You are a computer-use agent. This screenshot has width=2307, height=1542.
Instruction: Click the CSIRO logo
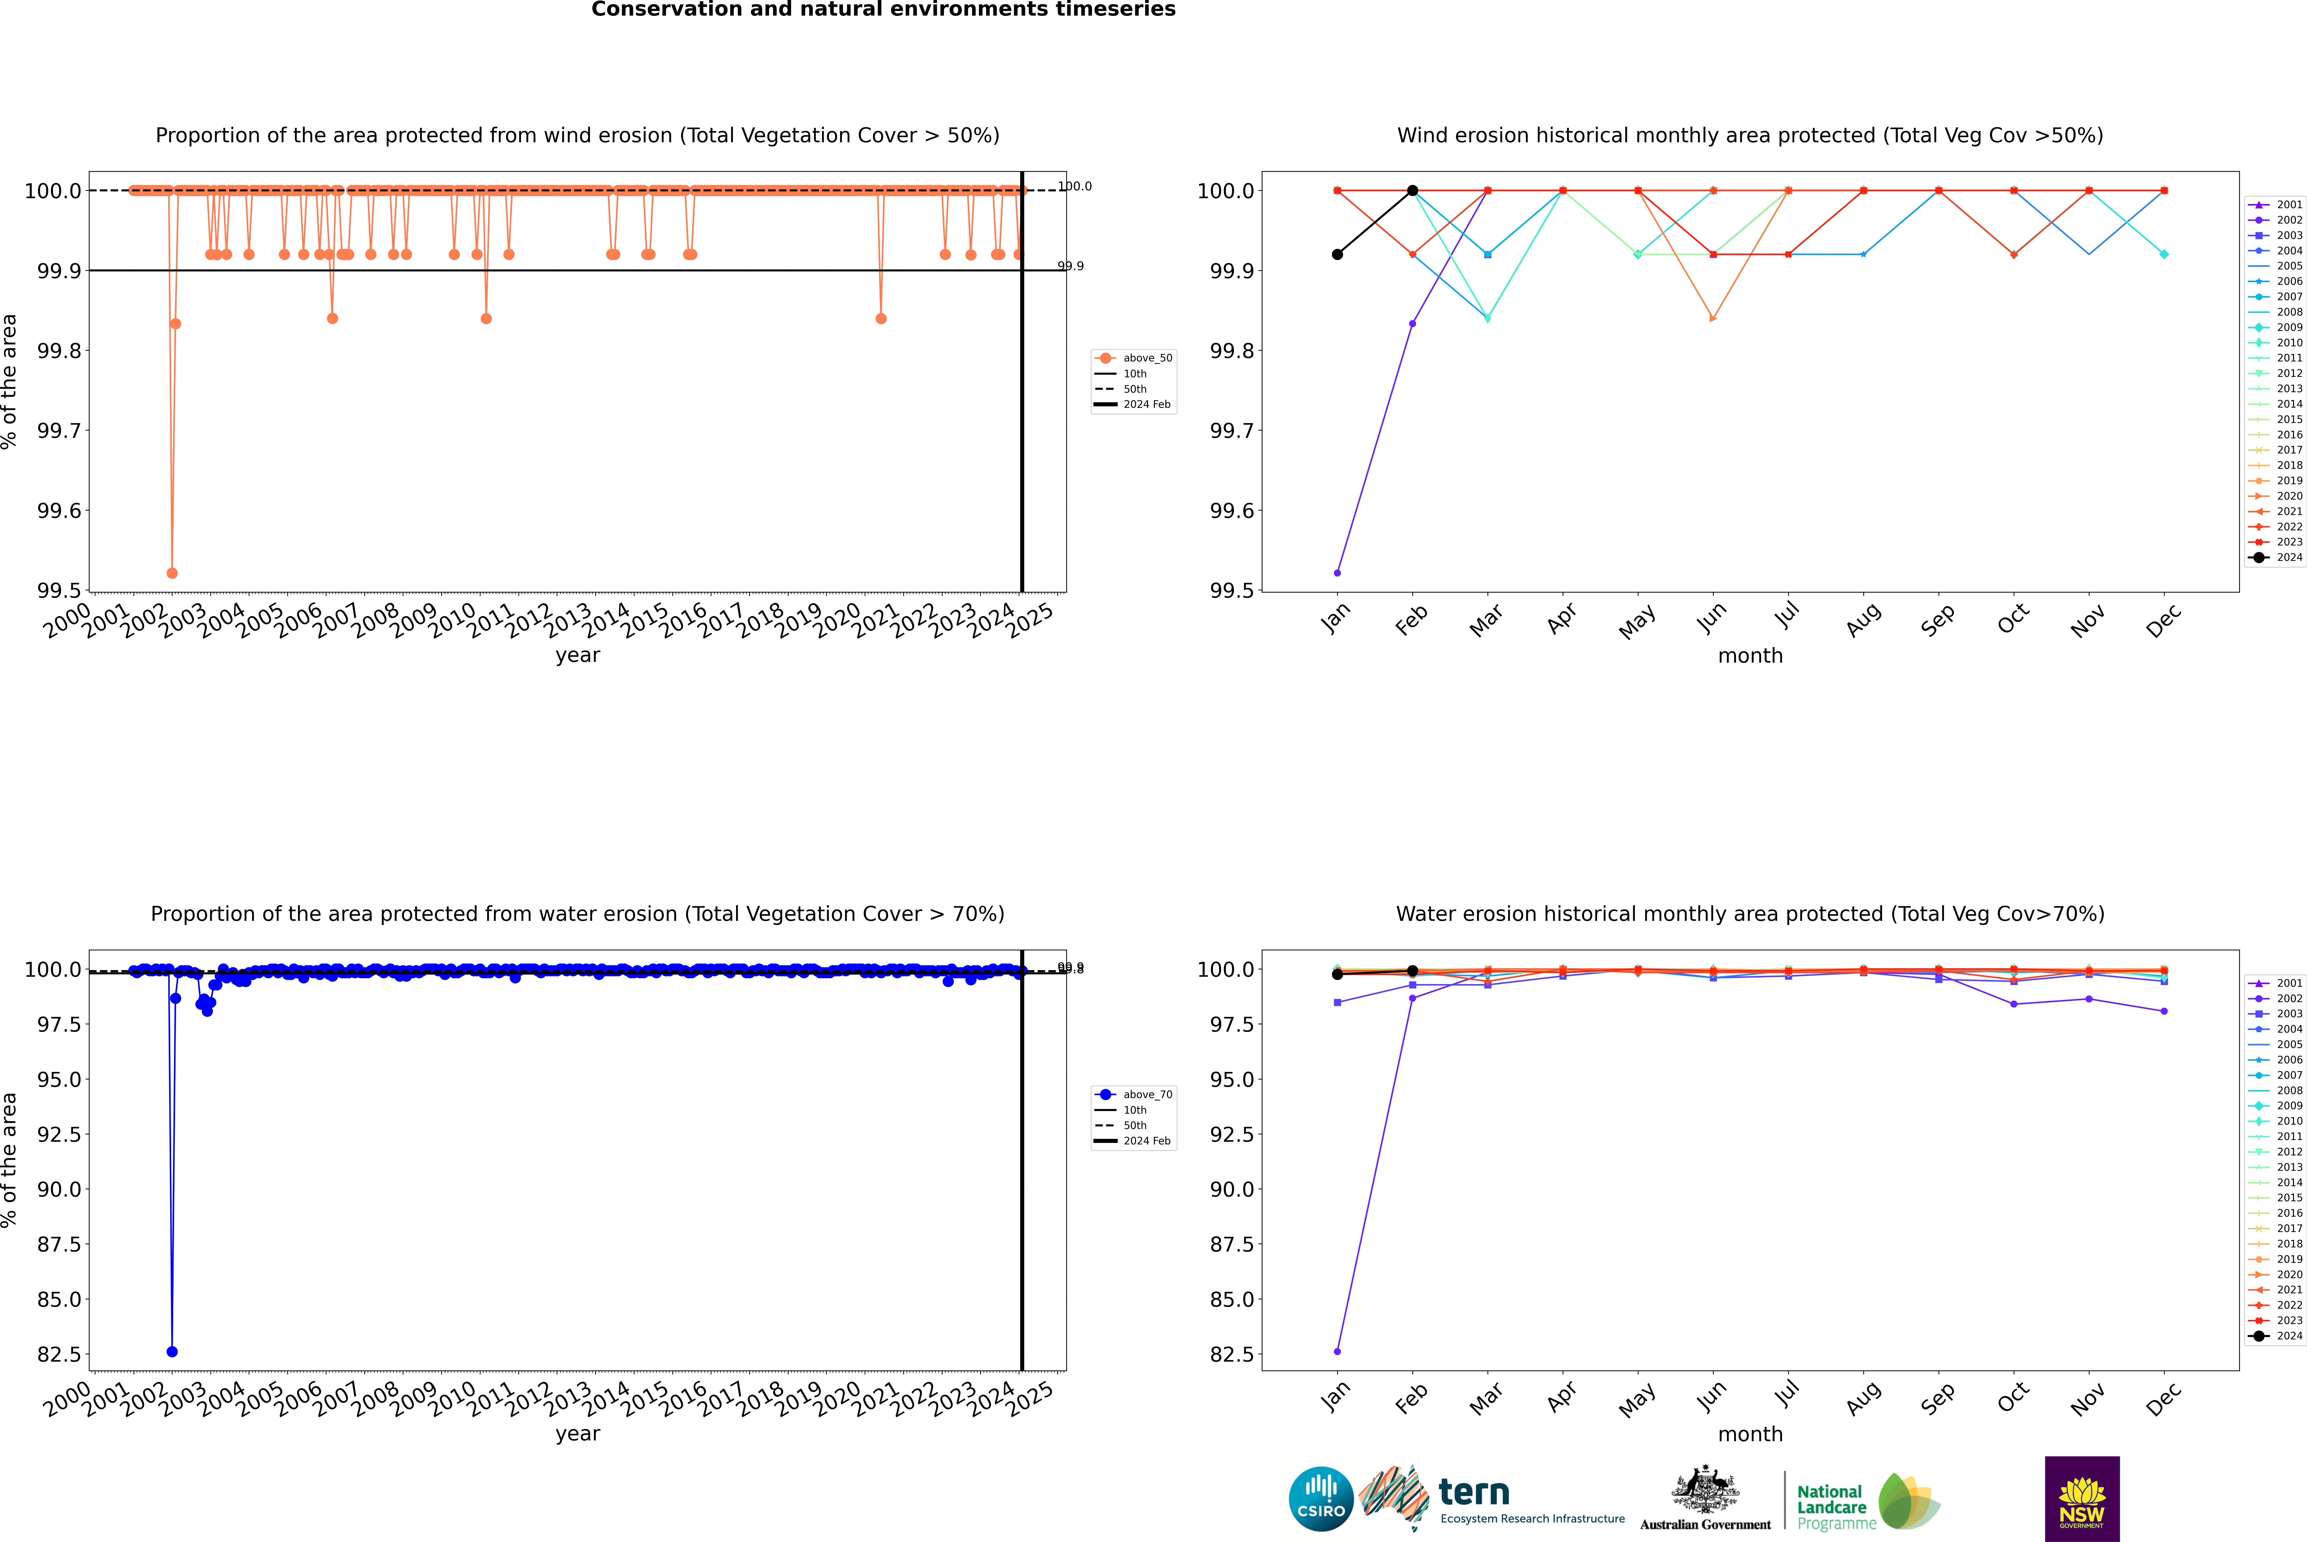coord(1321,1499)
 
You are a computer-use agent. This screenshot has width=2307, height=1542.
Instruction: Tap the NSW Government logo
coord(2082,1499)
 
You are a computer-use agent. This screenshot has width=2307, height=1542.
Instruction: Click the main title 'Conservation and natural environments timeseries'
coord(883,10)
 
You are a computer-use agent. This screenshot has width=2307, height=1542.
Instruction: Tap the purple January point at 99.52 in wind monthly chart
coord(1337,572)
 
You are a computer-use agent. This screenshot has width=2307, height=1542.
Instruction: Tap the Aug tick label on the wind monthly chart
coord(1864,619)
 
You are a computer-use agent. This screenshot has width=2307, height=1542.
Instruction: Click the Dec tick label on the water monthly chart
coord(2163,1398)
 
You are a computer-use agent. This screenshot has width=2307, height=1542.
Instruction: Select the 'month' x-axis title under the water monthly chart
coord(1750,1434)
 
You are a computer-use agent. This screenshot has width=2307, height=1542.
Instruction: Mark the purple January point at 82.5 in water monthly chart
coord(1337,1351)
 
